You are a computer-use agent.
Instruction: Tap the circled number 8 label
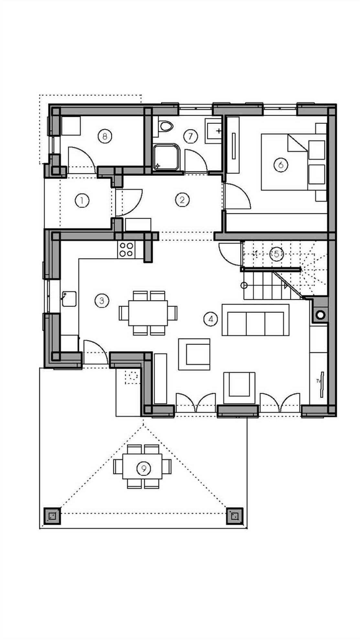pos(104,136)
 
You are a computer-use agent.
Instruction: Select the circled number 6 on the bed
pos(280,165)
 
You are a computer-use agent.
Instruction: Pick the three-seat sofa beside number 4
pos(255,323)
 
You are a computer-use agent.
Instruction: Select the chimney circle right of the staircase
pos(321,314)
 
